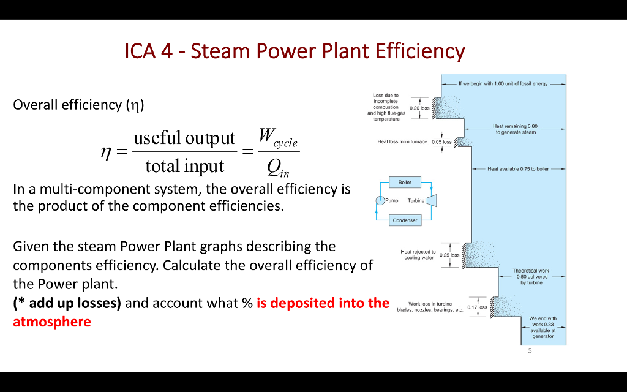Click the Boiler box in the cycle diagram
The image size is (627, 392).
(x=405, y=182)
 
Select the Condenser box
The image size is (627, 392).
(x=405, y=221)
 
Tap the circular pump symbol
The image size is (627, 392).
(x=380, y=200)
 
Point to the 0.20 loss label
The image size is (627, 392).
(x=419, y=108)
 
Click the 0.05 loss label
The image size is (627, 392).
(x=441, y=142)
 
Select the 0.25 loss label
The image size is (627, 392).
(x=450, y=255)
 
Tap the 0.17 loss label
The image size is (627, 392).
(x=477, y=307)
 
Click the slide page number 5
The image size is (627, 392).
(x=530, y=351)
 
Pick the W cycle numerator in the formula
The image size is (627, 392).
(x=277, y=137)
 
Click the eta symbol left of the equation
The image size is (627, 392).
(x=105, y=152)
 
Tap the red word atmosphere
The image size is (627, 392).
(x=52, y=322)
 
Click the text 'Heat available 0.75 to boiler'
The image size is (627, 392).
(x=518, y=168)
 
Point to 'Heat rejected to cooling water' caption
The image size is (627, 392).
(x=418, y=255)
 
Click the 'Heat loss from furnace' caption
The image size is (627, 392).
(x=402, y=141)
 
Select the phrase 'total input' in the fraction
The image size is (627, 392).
(x=184, y=165)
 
